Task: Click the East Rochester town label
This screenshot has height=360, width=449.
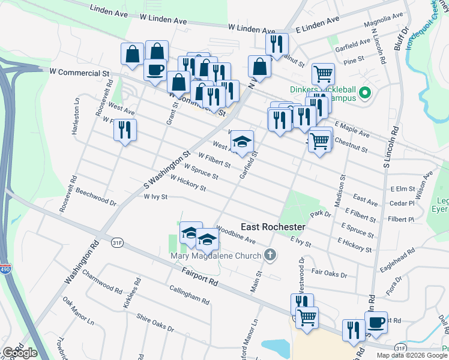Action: point(273,227)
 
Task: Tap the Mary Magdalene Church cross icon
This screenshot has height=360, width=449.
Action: point(271,256)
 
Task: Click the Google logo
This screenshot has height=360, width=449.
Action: point(20,353)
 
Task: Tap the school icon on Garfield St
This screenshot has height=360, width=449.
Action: point(242,142)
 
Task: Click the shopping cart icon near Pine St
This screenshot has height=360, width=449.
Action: point(323,74)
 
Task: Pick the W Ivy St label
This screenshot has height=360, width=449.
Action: point(155,196)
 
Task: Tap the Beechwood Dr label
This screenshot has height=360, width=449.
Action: point(93,199)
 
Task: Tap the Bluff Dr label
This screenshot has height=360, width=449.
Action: point(404,37)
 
